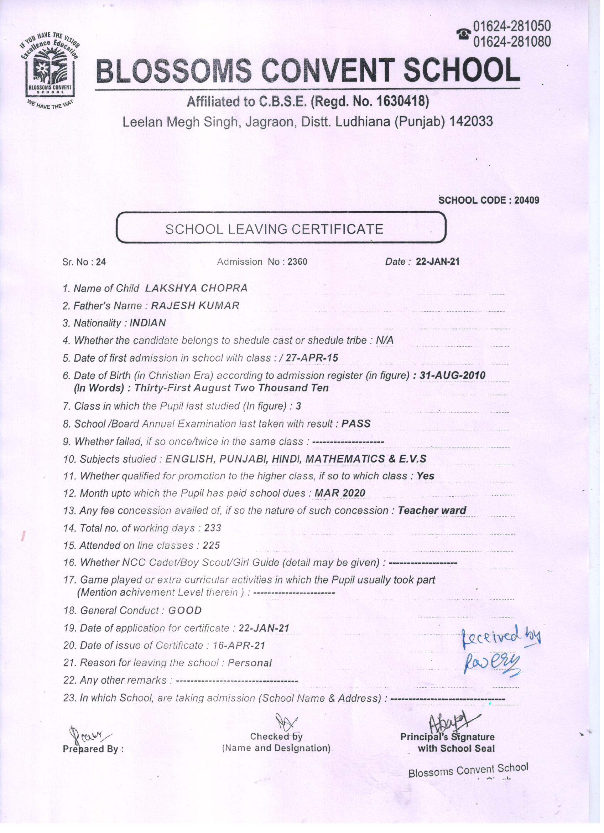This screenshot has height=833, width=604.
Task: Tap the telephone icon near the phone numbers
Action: (464, 34)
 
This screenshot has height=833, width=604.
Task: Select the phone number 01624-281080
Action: (512, 42)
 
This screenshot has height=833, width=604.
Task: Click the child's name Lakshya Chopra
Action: (196, 288)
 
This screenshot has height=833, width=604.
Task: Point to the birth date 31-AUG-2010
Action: (452, 375)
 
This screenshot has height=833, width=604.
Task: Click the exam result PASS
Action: (356, 424)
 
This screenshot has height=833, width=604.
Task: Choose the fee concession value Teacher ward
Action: (432, 510)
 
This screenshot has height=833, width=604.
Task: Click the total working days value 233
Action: (213, 528)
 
